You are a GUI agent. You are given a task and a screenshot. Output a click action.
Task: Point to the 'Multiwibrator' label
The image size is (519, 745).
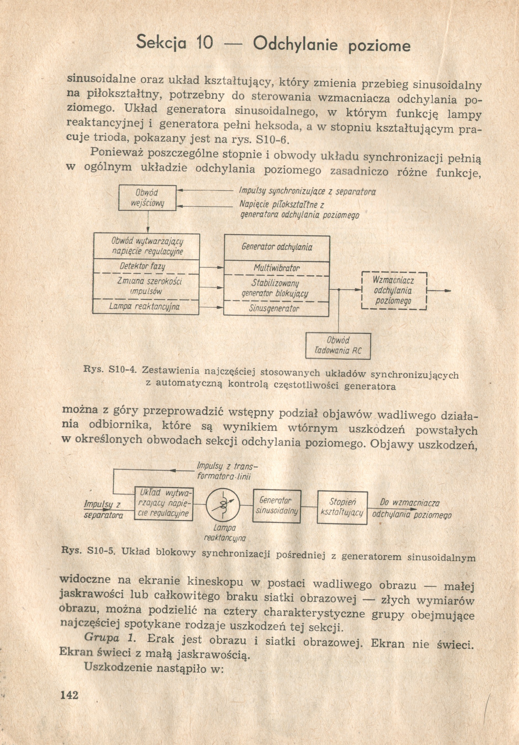pyautogui.click(x=276, y=268)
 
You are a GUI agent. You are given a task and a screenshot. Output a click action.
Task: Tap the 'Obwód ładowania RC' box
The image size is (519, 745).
pyautogui.click(x=338, y=345)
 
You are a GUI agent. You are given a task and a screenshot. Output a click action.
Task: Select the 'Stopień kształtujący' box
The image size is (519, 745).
pyautogui.click(x=342, y=508)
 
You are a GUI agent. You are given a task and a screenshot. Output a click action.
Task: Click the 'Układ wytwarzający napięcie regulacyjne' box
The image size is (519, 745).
pyautogui.click(x=164, y=503)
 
